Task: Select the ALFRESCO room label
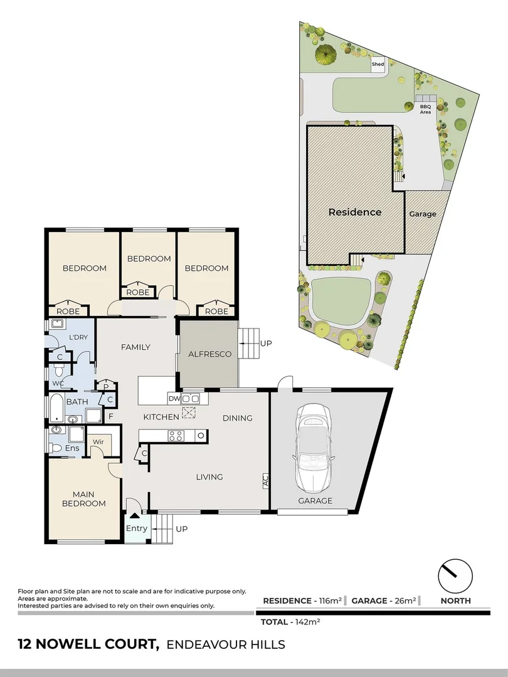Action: click(x=210, y=354)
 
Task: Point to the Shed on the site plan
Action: click(x=378, y=65)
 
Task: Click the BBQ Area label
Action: click(x=425, y=109)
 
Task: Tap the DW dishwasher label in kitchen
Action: click(x=174, y=398)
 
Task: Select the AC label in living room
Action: click(x=265, y=481)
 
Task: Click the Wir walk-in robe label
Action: click(x=98, y=443)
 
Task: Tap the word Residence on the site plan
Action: click(x=355, y=212)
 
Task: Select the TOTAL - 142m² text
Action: click(x=290, y=622)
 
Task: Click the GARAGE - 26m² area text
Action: click(x=384, y=601)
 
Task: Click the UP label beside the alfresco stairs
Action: click(x=267, y=344)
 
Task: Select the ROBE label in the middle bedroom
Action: click(x=138, y=292)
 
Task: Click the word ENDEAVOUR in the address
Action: click(x=200, y=644)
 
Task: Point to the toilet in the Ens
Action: click(x=56, y=448)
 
